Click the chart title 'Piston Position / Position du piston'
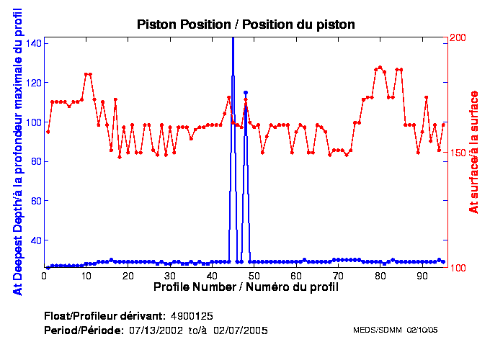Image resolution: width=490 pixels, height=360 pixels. [246, 25]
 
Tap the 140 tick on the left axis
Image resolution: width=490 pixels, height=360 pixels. [33, 43]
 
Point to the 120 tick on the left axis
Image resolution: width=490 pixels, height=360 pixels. [33, 83]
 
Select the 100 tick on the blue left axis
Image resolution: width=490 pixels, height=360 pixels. [33, 122]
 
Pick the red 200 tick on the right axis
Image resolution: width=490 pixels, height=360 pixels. [458, 37]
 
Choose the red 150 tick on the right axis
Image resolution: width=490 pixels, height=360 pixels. [458, 153]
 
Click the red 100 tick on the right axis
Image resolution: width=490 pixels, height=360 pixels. [458, 268]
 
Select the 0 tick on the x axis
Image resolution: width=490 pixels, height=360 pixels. [44, 276]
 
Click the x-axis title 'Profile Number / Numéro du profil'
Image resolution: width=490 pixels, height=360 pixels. [246, 287]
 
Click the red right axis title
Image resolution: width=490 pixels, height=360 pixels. [474, 153]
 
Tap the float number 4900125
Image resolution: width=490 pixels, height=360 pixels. [191, 316]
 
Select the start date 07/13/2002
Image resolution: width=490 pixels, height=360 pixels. [152, 330]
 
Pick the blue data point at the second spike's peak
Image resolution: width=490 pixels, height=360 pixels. [246, 93]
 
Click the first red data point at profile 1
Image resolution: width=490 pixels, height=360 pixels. [48, 132]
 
